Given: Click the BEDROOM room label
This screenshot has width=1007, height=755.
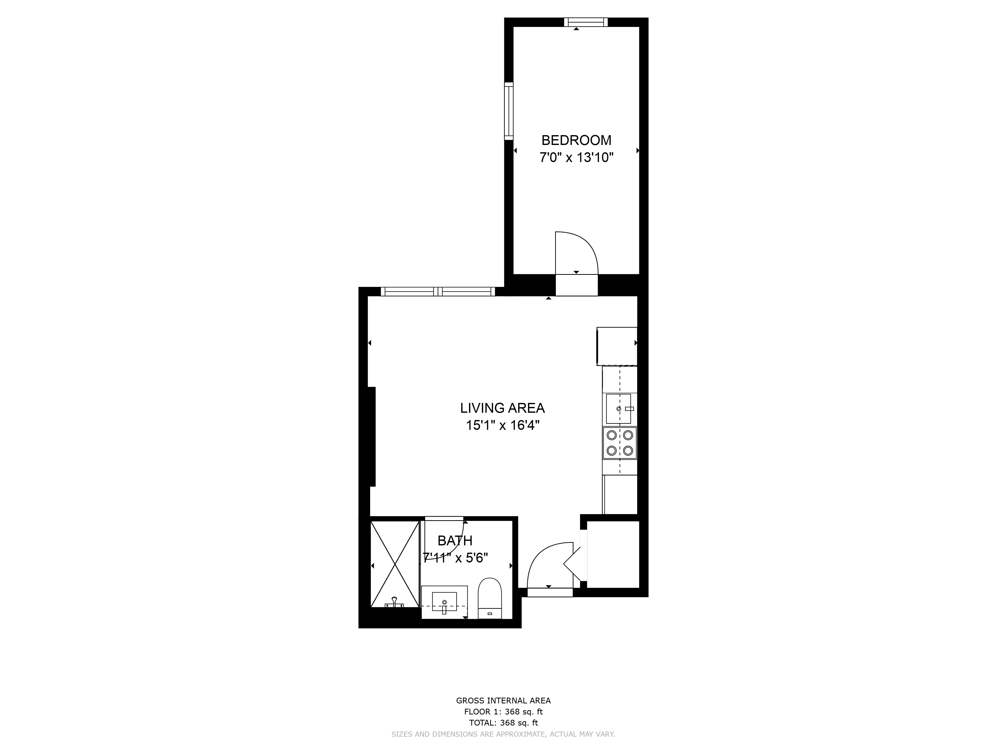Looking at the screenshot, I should point(576,140).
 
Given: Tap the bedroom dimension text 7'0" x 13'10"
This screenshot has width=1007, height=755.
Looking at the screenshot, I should point(576,158).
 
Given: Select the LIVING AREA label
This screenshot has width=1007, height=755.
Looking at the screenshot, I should point(502,408).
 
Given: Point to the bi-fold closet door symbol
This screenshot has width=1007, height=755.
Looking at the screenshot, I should point(573,564).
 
